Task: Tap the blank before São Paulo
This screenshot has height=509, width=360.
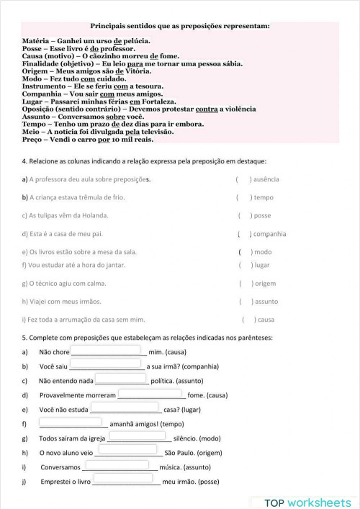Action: (x=128, y=452)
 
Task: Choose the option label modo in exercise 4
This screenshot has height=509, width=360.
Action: (x=263, y=252)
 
